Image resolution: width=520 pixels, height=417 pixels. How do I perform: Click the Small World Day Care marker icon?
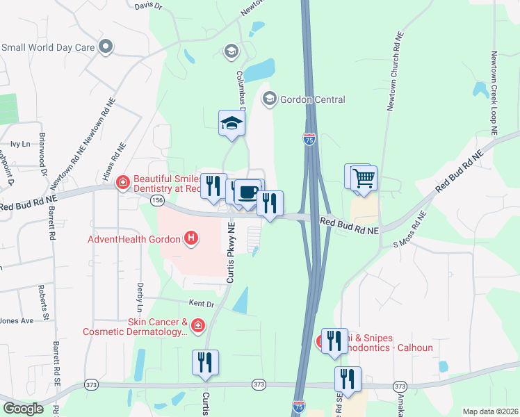click(106, 47)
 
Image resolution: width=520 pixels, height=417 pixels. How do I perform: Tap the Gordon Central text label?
click(312, 99)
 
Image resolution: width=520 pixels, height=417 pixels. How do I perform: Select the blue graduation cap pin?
click(232, 124)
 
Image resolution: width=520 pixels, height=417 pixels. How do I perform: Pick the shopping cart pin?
click(363, 178)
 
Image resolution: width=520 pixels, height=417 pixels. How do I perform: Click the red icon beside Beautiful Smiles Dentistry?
click(122, 183)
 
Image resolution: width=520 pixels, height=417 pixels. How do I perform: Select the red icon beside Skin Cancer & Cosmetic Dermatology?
click(198, 325)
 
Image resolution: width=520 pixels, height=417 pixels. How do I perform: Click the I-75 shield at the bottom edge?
click(299, 404)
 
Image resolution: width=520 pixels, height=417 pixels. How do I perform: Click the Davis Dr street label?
click(148, 6)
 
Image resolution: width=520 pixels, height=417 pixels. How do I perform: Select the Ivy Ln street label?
click(20, 145)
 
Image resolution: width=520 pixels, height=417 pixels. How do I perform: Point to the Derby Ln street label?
click(140, 295)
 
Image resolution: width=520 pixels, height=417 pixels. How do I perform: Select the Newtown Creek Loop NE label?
click(495, 92)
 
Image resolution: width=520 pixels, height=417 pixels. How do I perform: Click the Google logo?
click(23, 409)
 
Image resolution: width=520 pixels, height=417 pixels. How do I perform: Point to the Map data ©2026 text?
click(489, 411)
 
